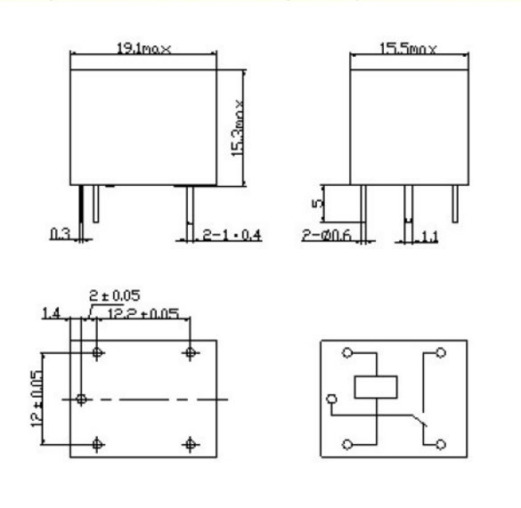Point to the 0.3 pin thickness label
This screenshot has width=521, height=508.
pyautogui.click(x=61, y=234)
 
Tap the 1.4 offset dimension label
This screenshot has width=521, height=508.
pyautogui.click(x=52, y=313)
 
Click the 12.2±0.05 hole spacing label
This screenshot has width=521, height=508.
pyautogui.click(x=143, y=314)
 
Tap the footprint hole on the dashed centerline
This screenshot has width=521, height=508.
pyautogui.click(x=81, y=399)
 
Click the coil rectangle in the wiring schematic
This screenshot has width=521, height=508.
pyautogui.click(x=376, y=386)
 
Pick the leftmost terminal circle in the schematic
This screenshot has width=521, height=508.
pyautogui.click(x=332, y=399)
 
